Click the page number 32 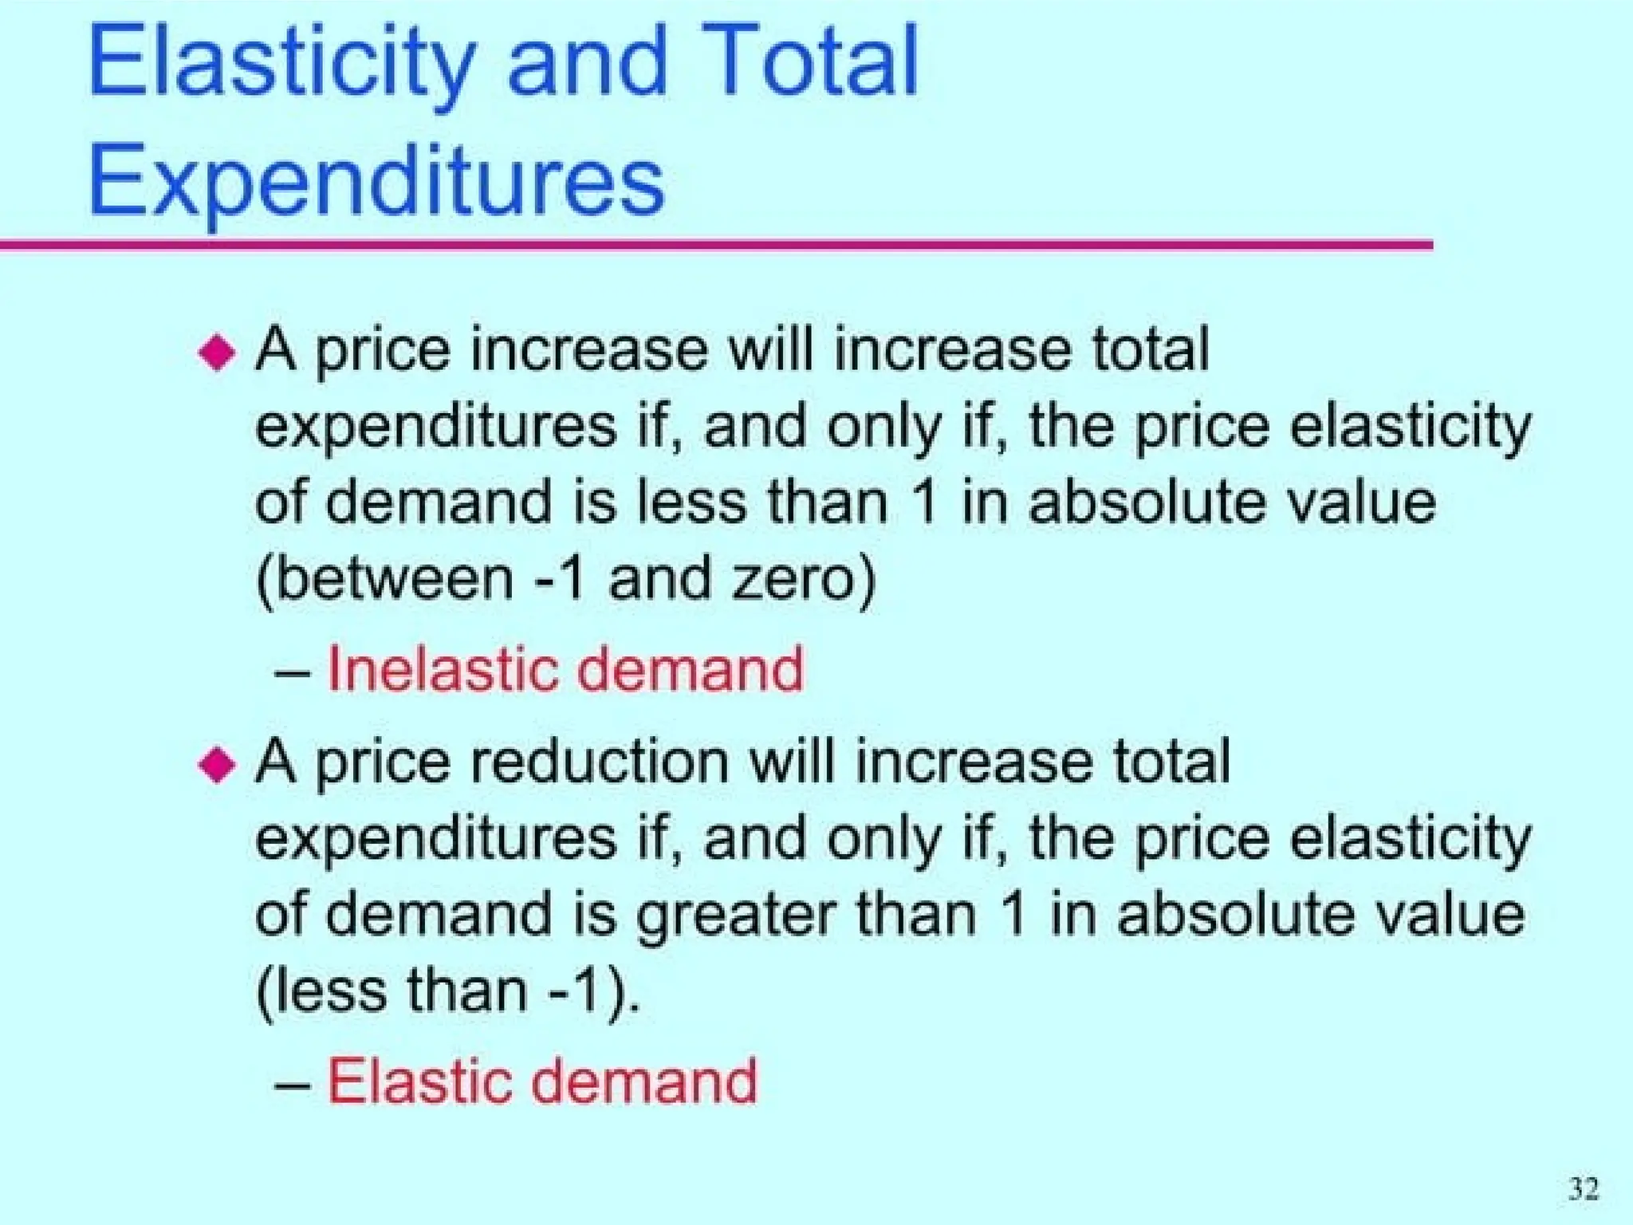point(1584,1189)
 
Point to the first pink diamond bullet point(217,352)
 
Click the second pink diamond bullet point(217,764)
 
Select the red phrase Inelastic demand point(565,668)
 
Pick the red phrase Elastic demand point(542,1081)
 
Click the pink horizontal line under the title point(718,245)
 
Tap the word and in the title point(587,62)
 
